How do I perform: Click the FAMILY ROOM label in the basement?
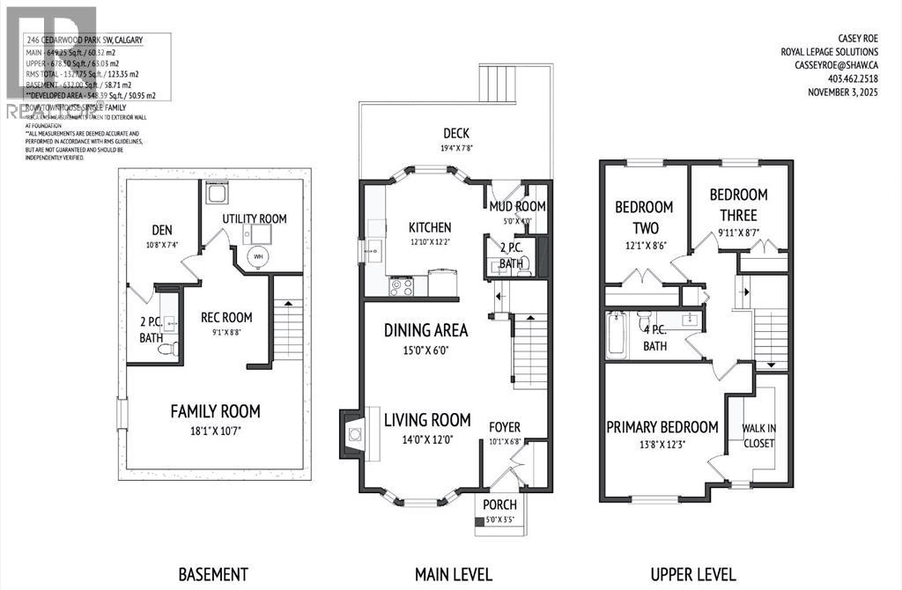click(215, 410)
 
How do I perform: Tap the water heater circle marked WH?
click(257, 257)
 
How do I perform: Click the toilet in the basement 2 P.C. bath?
click(166, 349)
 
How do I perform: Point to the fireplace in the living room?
click(353, 432)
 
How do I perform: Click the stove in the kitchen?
click(402, 284)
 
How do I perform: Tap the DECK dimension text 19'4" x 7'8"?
click(455, 149)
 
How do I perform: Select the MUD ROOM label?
click(518, 206)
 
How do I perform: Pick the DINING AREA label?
click(425, 331)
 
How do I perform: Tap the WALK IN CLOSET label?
click(758, 435)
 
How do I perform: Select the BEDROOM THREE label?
click(738, 204)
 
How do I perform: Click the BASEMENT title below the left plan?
click(213, 574)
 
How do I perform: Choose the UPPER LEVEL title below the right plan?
click(692, 574)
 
